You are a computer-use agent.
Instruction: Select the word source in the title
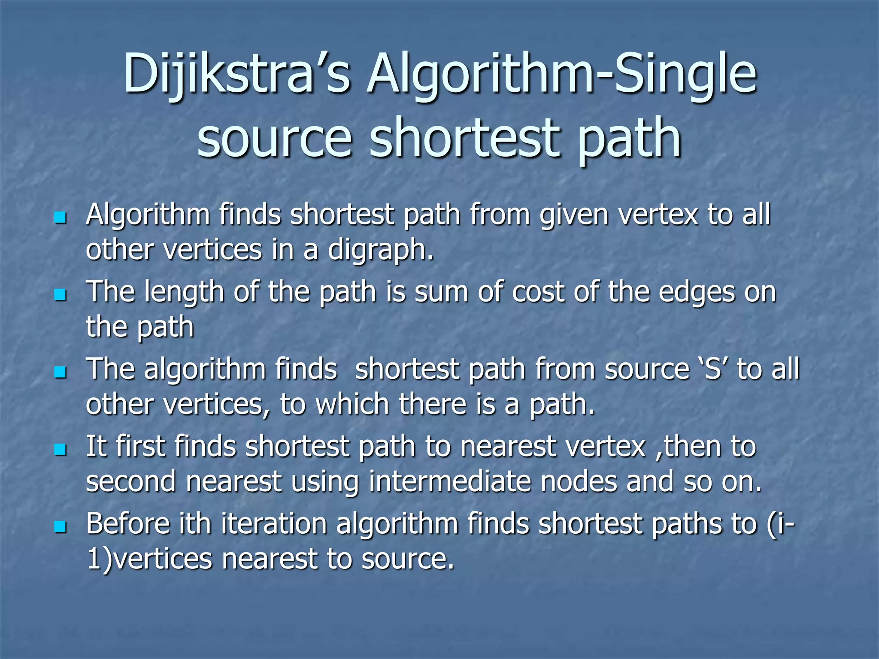275,138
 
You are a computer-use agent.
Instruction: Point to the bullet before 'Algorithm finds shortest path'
61,218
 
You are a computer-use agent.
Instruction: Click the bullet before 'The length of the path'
61,295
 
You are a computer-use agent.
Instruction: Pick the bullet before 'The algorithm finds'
61,372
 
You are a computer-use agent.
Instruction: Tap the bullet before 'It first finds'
61,449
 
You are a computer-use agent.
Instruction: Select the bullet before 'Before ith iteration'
61,526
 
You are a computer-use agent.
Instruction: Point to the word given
574,215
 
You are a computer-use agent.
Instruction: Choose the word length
184,293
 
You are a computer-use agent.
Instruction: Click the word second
131,481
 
